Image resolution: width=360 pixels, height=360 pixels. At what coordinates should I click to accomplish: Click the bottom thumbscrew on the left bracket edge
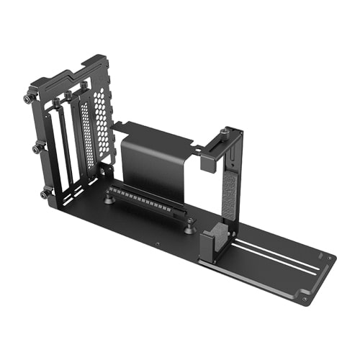pyautogui.click(x=45, y=193)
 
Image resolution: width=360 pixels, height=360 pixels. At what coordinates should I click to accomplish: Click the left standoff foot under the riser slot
pyautogui.click(x=109, y=199)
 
